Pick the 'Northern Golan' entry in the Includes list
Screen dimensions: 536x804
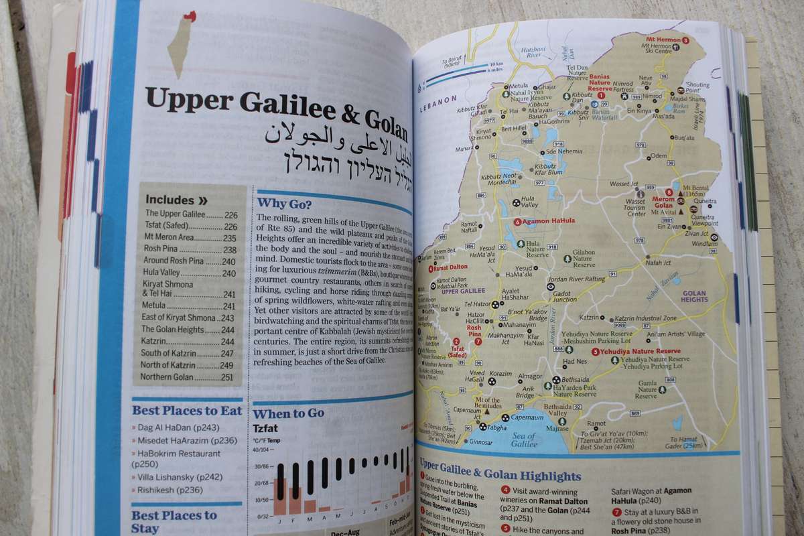pyautogui.click(x=171, y=377)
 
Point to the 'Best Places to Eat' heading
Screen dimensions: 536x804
pyautogui.click(x=186, y=410)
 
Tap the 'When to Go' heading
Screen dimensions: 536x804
pyautogui.click(x=288, y=413)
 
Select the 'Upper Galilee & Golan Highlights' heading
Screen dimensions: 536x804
pyautogui.click(x=500, y=476)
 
